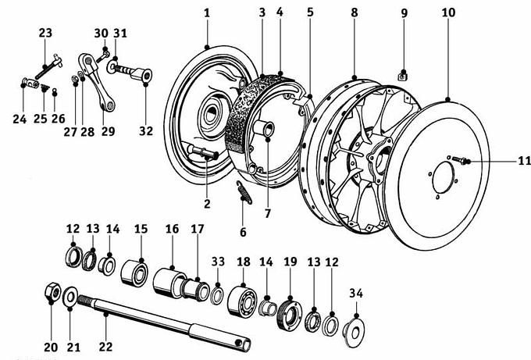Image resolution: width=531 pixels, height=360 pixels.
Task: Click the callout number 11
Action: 524,161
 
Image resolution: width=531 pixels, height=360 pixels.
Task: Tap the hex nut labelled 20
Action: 53,291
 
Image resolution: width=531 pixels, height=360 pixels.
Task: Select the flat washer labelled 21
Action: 70,298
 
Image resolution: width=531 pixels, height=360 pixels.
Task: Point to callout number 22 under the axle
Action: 105,347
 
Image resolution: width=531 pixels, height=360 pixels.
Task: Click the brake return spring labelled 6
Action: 244,193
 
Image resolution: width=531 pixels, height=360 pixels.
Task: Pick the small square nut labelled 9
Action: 403,76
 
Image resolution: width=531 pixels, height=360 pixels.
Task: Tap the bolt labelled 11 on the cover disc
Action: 458,159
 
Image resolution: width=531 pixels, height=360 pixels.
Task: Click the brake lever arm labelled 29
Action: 97,82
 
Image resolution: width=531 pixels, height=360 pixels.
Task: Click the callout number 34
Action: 356,294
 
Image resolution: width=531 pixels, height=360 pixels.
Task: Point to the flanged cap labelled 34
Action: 354,331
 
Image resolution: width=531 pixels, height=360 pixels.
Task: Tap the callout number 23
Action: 45,33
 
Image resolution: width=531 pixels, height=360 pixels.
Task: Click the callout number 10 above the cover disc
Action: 448,12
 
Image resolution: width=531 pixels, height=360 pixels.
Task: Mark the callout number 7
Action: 268,214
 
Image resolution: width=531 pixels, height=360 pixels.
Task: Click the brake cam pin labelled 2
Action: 204,153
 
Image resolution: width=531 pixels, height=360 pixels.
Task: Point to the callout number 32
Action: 146,130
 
